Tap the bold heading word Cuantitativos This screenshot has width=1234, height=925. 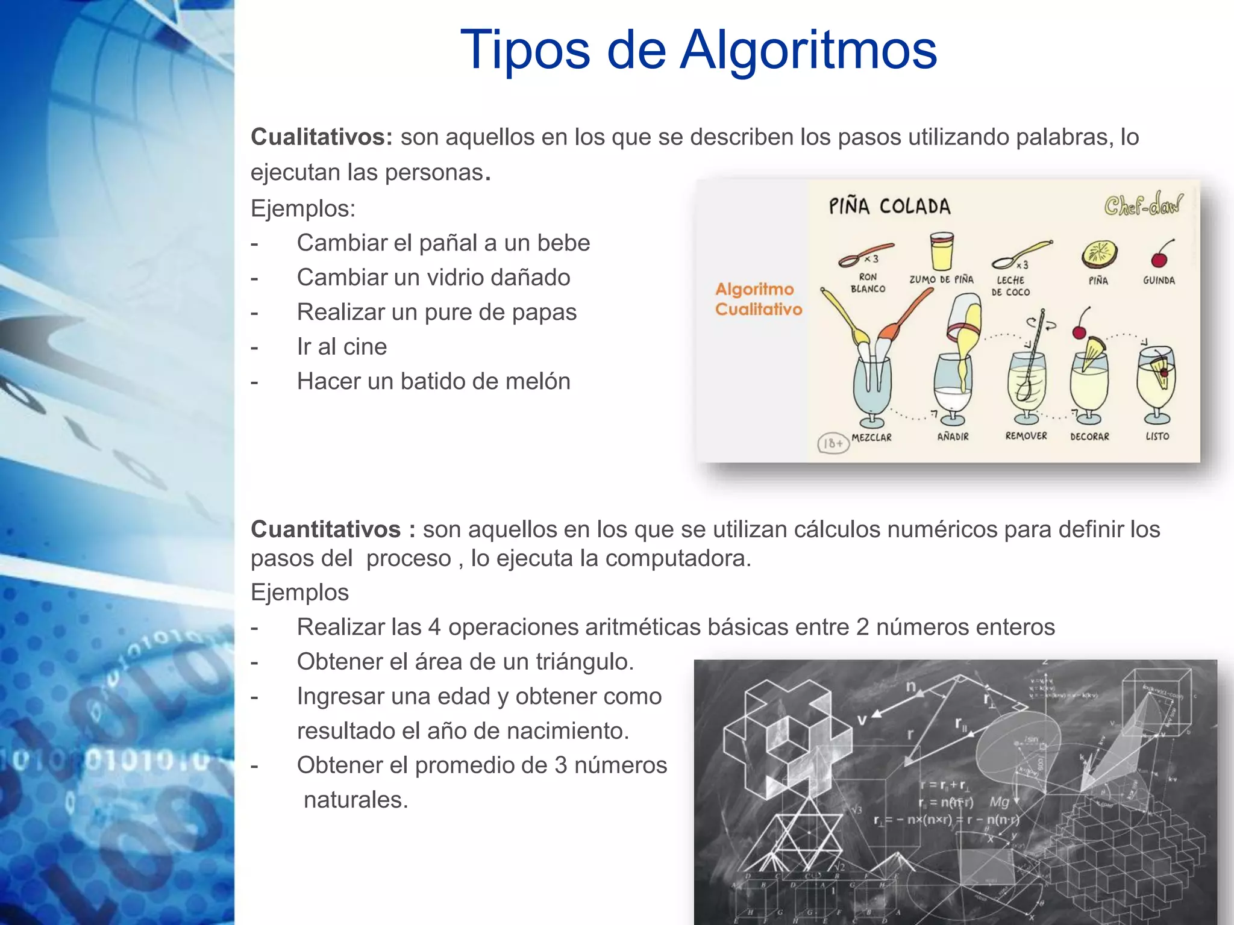(325, 529)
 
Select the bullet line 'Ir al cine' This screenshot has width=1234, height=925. (342, 347)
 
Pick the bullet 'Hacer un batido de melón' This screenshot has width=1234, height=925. (433, 382)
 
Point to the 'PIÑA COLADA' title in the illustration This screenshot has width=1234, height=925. (889, 207)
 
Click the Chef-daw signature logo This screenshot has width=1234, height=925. (1143, 205)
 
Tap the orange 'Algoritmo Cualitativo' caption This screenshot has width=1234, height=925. (759, 299)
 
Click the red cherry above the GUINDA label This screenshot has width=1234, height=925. (1159, 258)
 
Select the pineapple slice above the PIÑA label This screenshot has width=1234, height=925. (1099, 254)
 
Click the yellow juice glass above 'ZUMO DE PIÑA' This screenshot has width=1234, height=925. (941, 252)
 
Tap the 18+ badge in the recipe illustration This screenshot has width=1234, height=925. (833, 443)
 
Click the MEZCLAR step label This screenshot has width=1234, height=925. (871, 438)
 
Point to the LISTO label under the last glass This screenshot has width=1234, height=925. (1157, 436)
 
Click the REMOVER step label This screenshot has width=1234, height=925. (1026, 436)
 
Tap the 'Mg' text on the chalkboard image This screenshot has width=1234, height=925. (999, 802)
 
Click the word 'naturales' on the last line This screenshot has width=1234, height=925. (355, 800)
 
